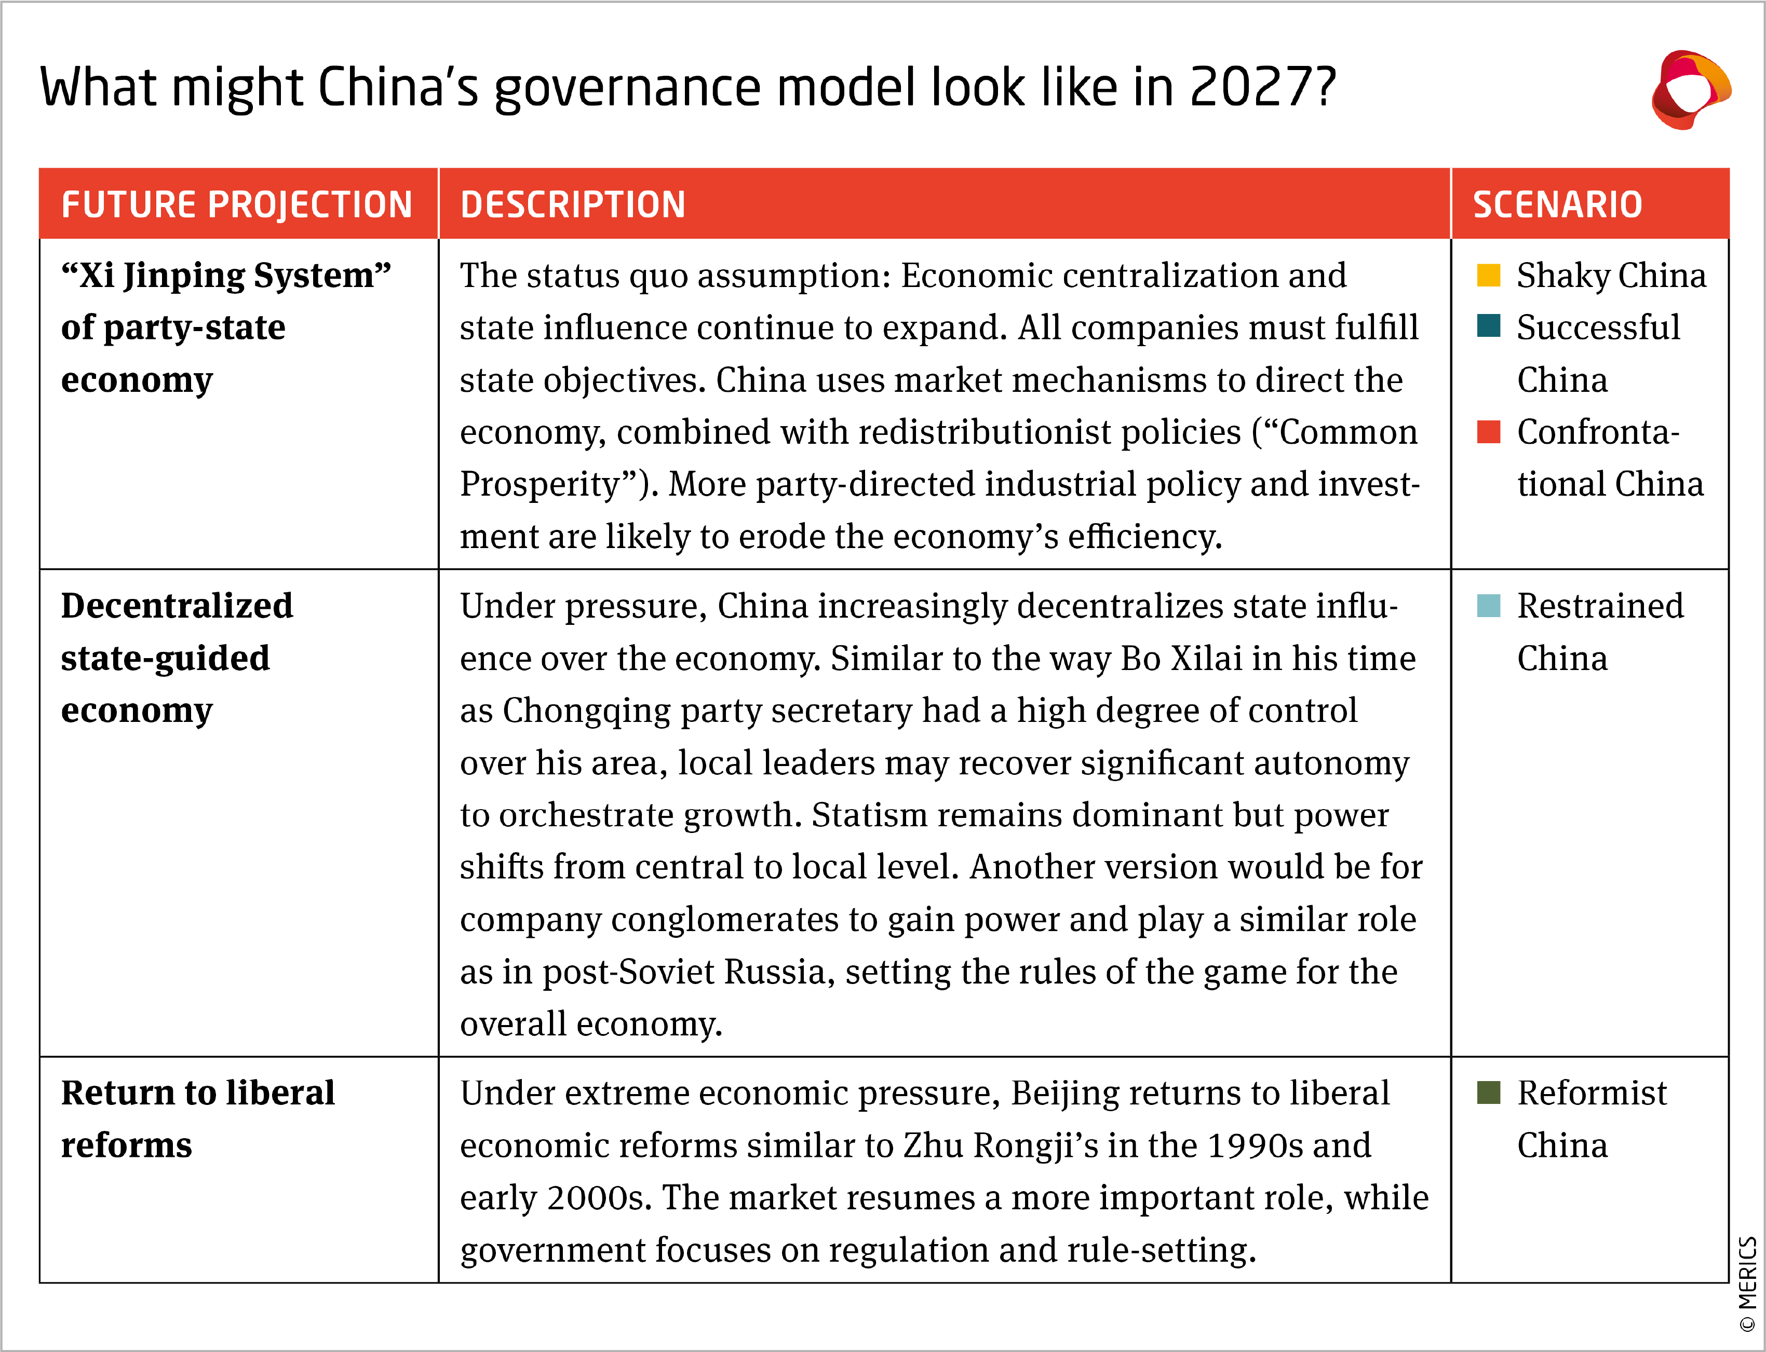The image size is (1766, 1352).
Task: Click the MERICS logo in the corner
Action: (x=1690, y=89)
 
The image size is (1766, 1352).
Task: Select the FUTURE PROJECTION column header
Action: (x=237, y=204)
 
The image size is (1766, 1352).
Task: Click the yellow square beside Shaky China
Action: (x=1488, y=275)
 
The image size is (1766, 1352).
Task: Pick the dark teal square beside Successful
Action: (x=1488, y=326)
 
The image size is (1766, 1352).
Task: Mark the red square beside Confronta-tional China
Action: (x=1488, y=432)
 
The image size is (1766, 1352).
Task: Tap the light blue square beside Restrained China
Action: (x=1488, y=605)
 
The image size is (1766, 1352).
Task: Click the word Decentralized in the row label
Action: (x=177, y=605)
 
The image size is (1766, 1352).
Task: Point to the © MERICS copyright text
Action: (x=1747, y=1283)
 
